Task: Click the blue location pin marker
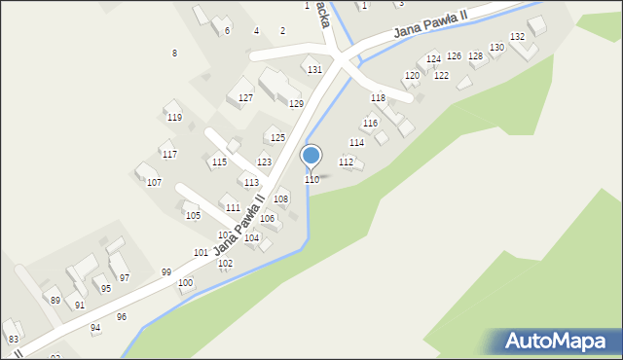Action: coord(311,156)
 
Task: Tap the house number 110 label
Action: coord(311,180)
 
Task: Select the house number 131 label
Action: coord(314,70)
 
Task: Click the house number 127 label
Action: coord(246,98)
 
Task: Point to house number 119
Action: coord(174,118)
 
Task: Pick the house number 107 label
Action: coord(154,183)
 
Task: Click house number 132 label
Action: coord(518,37)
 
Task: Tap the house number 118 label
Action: coord(378,98)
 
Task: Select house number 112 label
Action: coord(346,162)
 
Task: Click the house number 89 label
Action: coord(55,301)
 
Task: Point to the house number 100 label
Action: coord(185,283)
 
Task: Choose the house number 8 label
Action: coord(174,53)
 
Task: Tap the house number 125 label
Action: coord(277,138)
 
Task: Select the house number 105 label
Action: coord(193,216)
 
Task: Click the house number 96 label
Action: coord(122,317)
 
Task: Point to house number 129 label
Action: coord(296,104)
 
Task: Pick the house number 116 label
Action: coord(370,124)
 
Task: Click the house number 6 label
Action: coord(227,31)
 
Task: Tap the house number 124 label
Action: coord(433,60)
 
